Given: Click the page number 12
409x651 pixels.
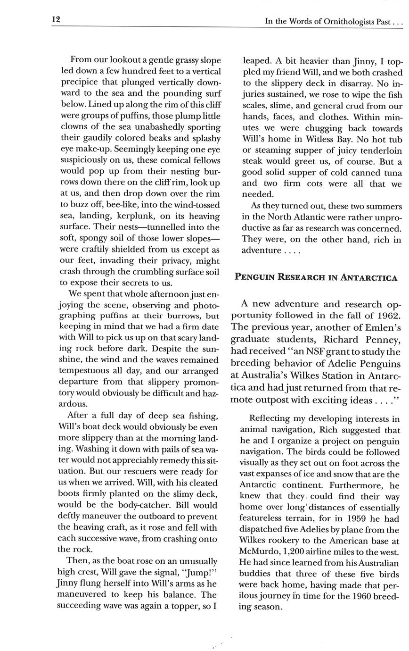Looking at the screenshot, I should (56, 19).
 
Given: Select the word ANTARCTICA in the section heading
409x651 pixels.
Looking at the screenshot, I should (371, 277).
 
